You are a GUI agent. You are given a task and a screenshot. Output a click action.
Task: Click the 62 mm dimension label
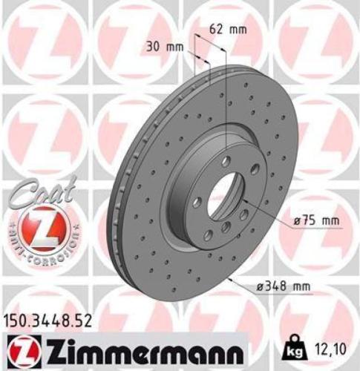coord(226,30)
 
